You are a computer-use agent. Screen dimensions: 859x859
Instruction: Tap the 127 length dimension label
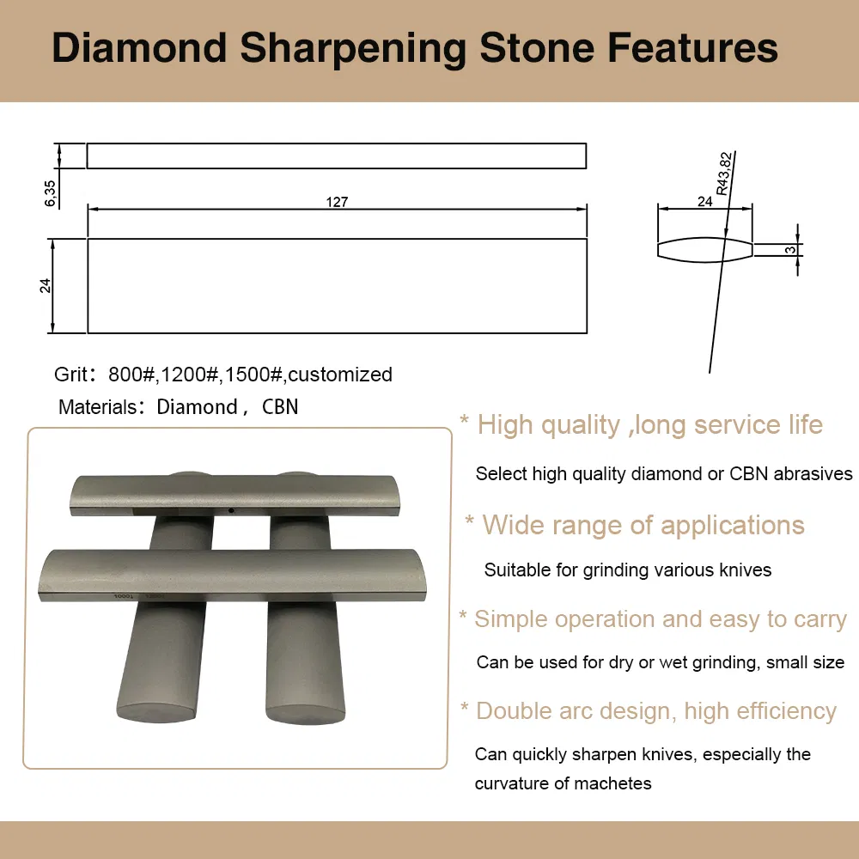tap(337, 203)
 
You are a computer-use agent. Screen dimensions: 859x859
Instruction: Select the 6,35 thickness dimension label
tap(51, 193)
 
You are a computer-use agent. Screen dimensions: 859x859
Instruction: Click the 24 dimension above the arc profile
tap(704, 201)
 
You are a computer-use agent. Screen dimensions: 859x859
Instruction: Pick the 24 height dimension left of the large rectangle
tap(46, 285)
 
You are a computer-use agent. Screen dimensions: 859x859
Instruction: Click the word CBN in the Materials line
tap(280, 407)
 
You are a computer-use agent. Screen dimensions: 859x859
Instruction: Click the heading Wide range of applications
tap(643, 525)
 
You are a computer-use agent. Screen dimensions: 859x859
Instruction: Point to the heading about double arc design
tap(655, 711)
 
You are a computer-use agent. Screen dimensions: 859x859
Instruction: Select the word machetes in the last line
tap(614, 783)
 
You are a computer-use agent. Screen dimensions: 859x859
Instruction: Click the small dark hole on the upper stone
tap(231, 511)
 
